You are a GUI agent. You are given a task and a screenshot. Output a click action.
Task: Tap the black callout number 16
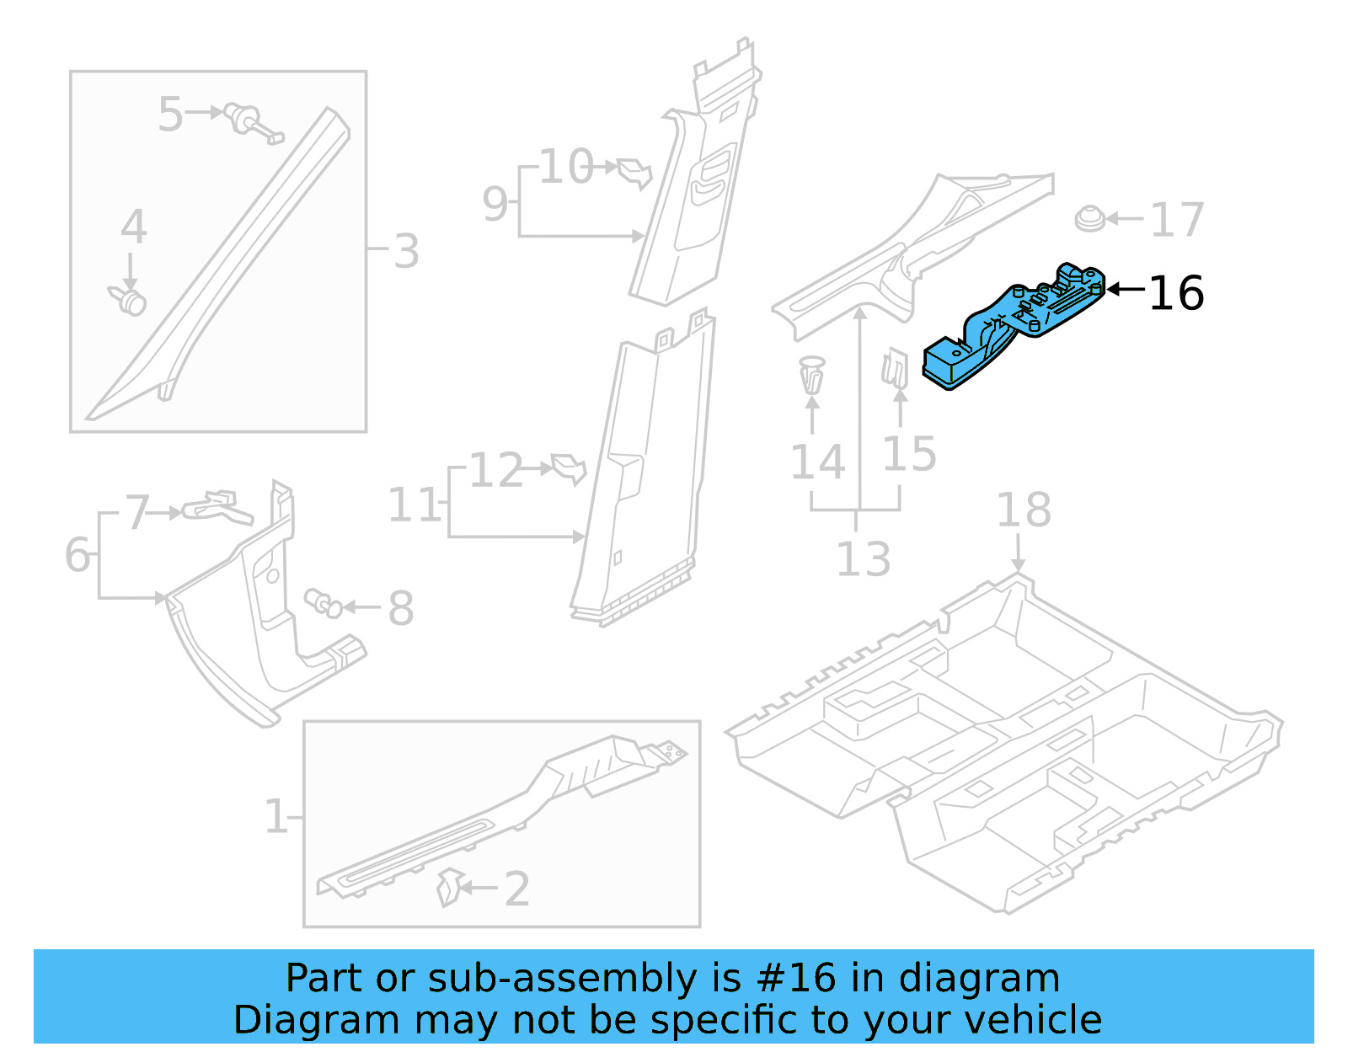pyautogui.click(x=1175, y=294)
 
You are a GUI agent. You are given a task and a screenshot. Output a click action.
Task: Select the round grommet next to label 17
pyautogui.click(x=1090, y=219)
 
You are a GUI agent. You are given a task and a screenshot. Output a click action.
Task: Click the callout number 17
pyautogui.click(x=1176, y=221)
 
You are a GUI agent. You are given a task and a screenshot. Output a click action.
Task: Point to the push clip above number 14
pyautogui.click(x=811, y=375)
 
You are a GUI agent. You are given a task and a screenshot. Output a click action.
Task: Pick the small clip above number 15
pyautogui.click(x=895, y=369)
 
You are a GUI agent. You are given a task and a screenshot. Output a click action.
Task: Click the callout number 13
pyautogui.click(x=863, y=559)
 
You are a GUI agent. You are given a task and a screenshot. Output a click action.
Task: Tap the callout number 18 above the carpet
pyautogui.click(x=1024, y=510)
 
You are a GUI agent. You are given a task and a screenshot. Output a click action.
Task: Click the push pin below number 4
pyautogui.click(x=129, y=299)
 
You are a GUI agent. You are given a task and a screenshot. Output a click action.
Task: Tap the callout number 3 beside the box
pyautogui.click(x=406, y=251)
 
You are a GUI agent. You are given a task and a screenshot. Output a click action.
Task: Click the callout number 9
pyautogui.click(x=495, y=204)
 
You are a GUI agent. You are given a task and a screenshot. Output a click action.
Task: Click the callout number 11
pyautogui.click(x=414, y=505)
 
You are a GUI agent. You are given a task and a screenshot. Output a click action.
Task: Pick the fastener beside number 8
pyautogui.click(x=324, y=602)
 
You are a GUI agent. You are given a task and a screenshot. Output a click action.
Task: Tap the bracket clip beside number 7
pyautogui.click(x=216, y=506)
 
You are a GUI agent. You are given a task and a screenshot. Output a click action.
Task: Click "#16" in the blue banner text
pyautogui.click(x=795, y=979)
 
